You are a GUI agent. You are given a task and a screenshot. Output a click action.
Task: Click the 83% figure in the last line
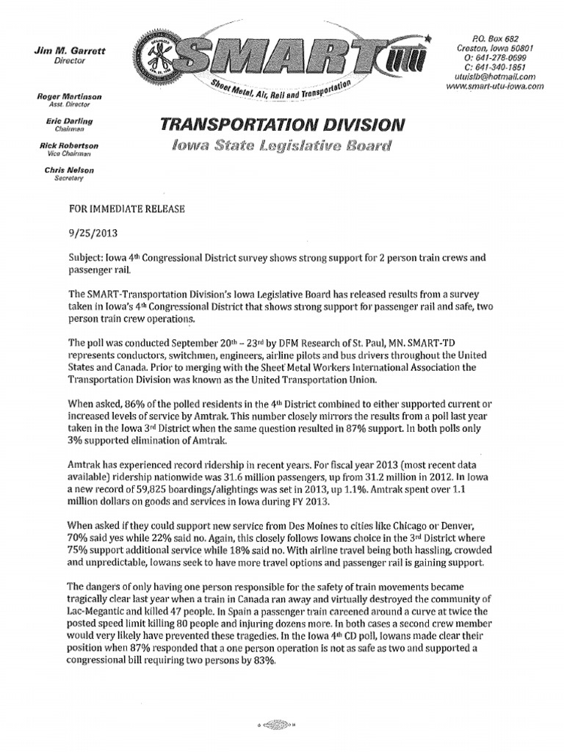click(x=264, y=661)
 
